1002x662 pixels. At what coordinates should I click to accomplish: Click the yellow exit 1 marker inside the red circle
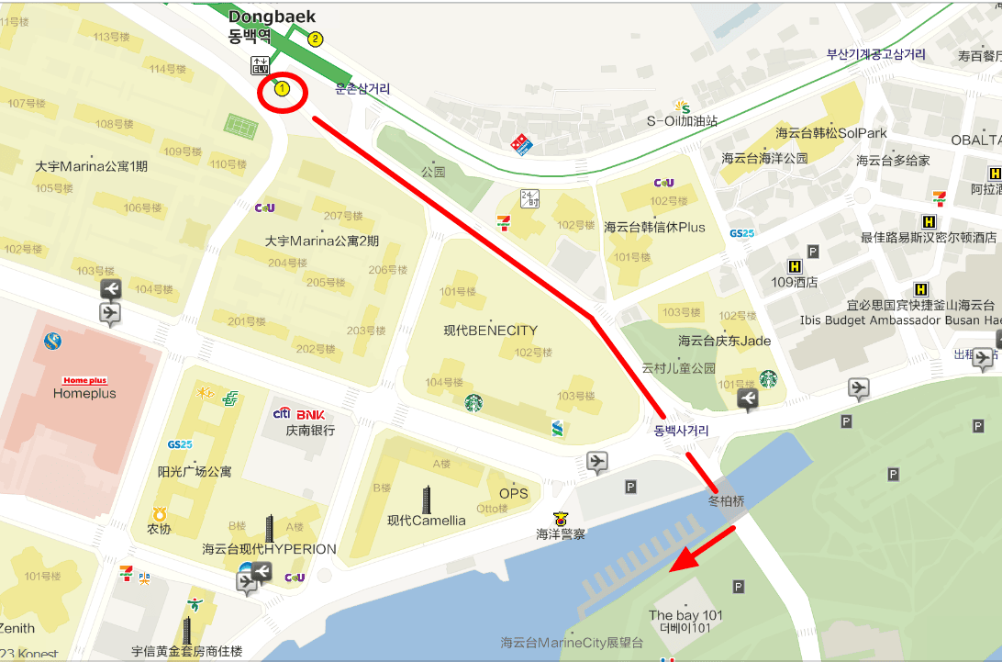pos(283,89)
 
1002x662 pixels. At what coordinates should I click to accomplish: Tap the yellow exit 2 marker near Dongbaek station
pos(316,39)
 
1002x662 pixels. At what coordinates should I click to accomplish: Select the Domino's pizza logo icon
pos(521,144)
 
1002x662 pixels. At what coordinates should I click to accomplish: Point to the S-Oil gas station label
pos(682,120)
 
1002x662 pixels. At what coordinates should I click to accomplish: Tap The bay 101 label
pos(685,615)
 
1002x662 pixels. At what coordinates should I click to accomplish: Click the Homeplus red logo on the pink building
pos(84,380)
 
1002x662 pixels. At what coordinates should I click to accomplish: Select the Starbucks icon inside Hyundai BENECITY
pos(473,402)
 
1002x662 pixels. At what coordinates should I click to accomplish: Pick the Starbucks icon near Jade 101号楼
pos(767,378)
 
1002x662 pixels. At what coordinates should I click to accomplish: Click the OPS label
pos(514,493)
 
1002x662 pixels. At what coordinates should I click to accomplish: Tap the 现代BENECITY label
pos(491,331)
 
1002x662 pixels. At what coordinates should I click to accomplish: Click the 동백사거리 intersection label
pos(681,430)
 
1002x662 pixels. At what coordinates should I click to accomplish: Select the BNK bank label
pos(310,414)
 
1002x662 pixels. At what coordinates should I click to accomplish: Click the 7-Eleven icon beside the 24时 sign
pos(502,222)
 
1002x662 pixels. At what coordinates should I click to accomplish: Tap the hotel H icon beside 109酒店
pos(782,267)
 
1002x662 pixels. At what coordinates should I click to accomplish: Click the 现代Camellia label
pos(426,521)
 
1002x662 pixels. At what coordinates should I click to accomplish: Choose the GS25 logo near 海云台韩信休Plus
pos(741,233)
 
